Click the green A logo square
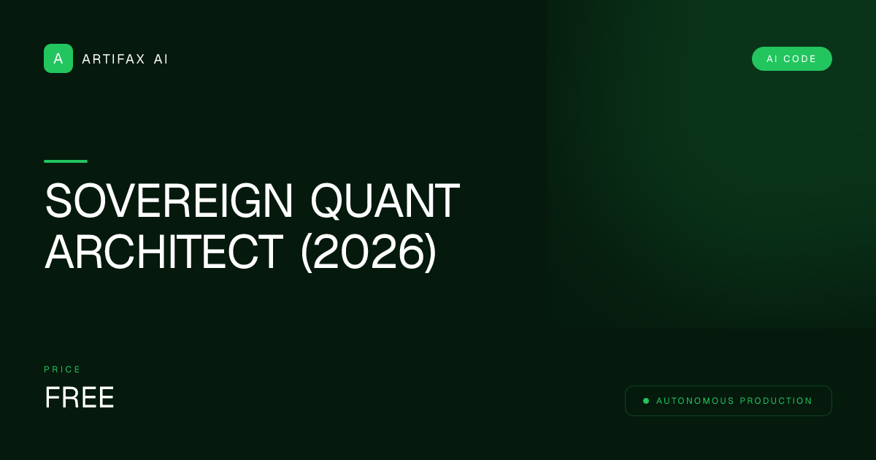(x=58, y=58)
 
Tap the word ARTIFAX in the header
(x=114, y=59)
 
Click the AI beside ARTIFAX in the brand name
(x=161, y=59)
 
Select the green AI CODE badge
(x=791, y=59)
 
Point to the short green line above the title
(x=66, y=161)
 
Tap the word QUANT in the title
(x=385, y=202)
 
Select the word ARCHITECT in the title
(x=164, y=252)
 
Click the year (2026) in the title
(x=369, y=252)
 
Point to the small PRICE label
(x=63, y=369)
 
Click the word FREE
(x=80, y=398)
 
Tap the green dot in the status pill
(x=646, y=401)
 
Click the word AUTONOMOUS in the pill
(x=695, y=401)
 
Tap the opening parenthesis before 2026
(x=307, y=253)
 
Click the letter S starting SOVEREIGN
(x=58, y=202)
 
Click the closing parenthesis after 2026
(x=431, y=253)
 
